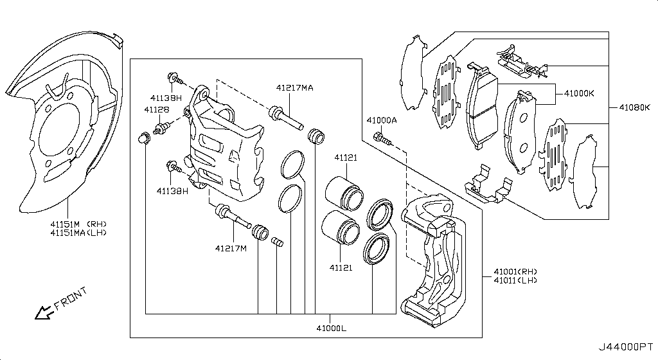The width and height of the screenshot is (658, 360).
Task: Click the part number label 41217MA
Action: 294,87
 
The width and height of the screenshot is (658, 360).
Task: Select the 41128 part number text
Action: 157,109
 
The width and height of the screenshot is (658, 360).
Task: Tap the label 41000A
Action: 382,120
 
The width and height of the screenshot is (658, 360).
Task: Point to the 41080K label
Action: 634,107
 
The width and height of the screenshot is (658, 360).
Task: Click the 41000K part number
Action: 579,94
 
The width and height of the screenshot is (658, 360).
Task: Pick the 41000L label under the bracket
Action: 332,328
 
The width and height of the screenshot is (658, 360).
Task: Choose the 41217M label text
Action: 231,248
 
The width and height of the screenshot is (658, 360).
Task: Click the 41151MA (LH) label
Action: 78,233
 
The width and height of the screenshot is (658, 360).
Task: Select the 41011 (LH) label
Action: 515,280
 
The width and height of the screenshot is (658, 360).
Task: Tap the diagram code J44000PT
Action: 625,347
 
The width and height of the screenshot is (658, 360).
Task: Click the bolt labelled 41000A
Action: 382,139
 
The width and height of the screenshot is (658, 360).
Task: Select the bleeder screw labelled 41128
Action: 161,128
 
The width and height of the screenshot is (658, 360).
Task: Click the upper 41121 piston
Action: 344,194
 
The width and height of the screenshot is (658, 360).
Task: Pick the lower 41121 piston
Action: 341,227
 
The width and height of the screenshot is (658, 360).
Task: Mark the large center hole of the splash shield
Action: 58,129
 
